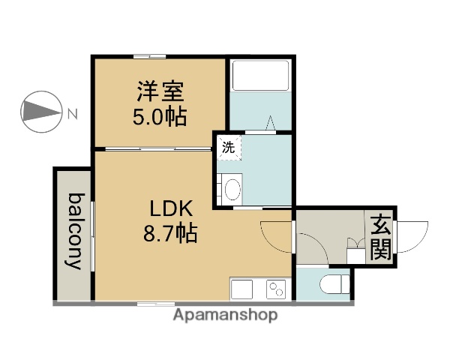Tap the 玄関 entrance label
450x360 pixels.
point(381,236)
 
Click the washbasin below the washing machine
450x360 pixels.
point(232,187)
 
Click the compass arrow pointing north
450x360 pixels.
point(41,112)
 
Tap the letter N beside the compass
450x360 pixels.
point(73,115)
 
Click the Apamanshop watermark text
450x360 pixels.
point(225,315)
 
